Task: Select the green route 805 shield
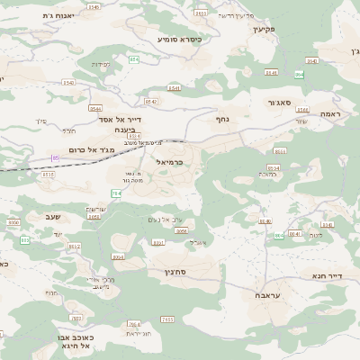tap(25, 239)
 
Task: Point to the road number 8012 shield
tap(75, 247)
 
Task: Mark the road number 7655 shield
tap(167, 319)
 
